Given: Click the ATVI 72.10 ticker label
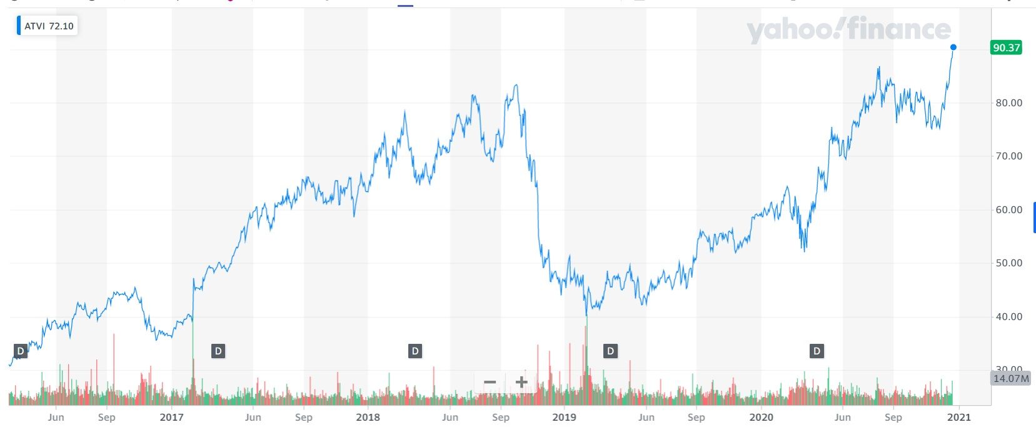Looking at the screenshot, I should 48,26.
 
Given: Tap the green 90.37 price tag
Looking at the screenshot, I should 1006,48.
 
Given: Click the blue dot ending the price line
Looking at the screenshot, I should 953,48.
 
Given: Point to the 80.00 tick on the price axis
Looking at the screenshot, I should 1008,103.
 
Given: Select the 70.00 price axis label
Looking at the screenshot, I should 1008,156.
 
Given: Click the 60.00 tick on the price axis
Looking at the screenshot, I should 1008,210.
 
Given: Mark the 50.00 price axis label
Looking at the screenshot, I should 1008,263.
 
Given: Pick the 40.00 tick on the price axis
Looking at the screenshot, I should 1008,317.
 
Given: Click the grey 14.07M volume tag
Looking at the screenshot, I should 1010,378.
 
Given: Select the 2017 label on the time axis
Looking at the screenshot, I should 171,417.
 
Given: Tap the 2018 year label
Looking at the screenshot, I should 368,417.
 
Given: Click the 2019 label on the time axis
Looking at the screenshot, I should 565,417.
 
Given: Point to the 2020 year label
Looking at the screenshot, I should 761,417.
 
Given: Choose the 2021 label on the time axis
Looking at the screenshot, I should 959,417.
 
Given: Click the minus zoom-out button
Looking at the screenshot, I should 490,382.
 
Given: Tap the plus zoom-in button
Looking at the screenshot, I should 521,382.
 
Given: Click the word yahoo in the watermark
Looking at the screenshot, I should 789,30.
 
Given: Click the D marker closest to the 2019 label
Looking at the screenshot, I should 610,351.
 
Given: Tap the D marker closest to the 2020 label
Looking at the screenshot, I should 816,351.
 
